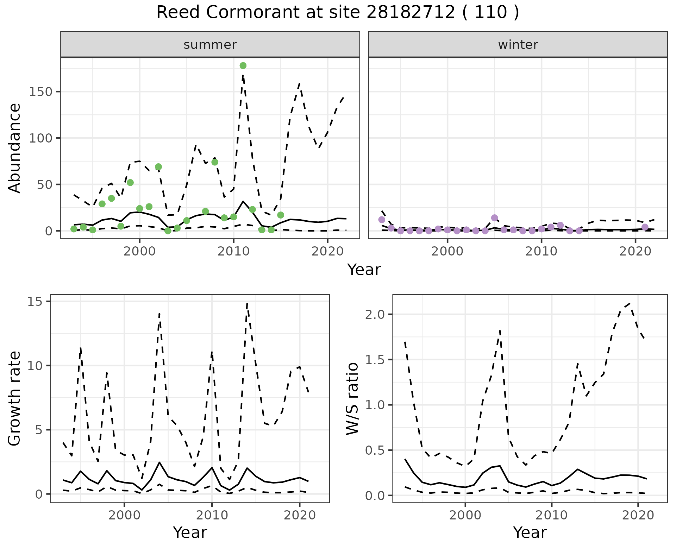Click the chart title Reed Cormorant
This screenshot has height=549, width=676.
tap(337, 13)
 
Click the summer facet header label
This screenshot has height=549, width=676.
tap(210, 45)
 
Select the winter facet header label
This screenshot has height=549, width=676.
tap(518, 45)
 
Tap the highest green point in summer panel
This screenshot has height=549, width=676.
tap(243, 65)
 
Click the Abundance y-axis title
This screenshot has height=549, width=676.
tap(15, 148)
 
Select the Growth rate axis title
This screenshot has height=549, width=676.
tap(15, 399)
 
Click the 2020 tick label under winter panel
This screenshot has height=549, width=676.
tap(635, 251)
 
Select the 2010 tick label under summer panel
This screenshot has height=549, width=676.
tap(233, 251)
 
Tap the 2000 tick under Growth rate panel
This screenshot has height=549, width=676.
tap(124, 515)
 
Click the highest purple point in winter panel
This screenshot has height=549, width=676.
tap(494, 218)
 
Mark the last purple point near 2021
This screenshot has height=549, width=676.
tap(645, 227)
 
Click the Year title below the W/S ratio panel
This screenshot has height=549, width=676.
tap(530, 532)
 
